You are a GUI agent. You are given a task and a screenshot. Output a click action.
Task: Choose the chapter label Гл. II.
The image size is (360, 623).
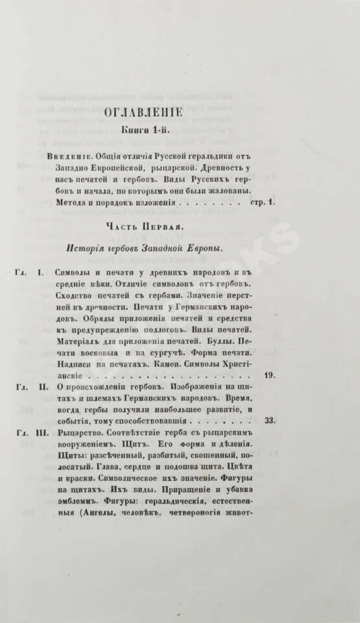(27, 386)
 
